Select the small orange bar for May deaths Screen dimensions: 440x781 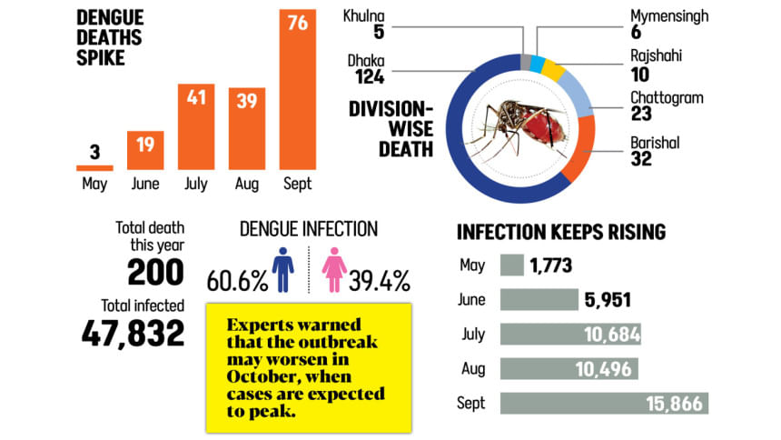tap(94, 167)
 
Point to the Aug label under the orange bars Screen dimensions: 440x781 tap(246, 184)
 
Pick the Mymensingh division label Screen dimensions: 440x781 tap(668, 16)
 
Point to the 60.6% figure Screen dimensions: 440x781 tap(237, 279)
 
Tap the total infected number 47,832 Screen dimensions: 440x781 tap(133, 333)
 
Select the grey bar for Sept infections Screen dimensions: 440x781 tap(603, 404)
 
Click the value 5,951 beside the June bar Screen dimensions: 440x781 tap(608, 300)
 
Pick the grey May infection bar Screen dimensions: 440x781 tap(512, 265)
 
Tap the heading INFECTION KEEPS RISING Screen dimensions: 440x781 tap(560, 232)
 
